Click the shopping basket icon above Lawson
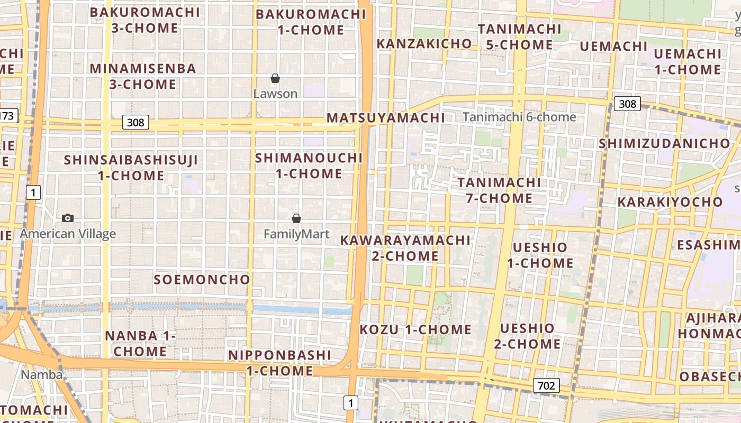point(275,79)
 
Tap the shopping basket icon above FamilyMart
point(296,218)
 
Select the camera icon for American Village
point(68,218)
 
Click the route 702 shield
point(546,385)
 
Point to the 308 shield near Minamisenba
point(135,123)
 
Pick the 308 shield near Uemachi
point(627,104)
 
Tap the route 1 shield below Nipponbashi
point(350,403)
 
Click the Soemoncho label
point(202,280)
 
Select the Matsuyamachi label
point(385,118)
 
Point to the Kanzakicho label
point(424,44)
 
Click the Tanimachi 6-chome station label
point(519,117)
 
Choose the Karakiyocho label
point(670,202)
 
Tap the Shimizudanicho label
point(664,143)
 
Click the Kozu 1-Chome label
point(415,330)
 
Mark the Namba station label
point(41,375)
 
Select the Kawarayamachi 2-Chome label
point(405,248)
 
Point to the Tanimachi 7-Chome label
point(499,190)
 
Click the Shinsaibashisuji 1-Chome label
point(131,168)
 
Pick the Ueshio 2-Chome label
point(527,336)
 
